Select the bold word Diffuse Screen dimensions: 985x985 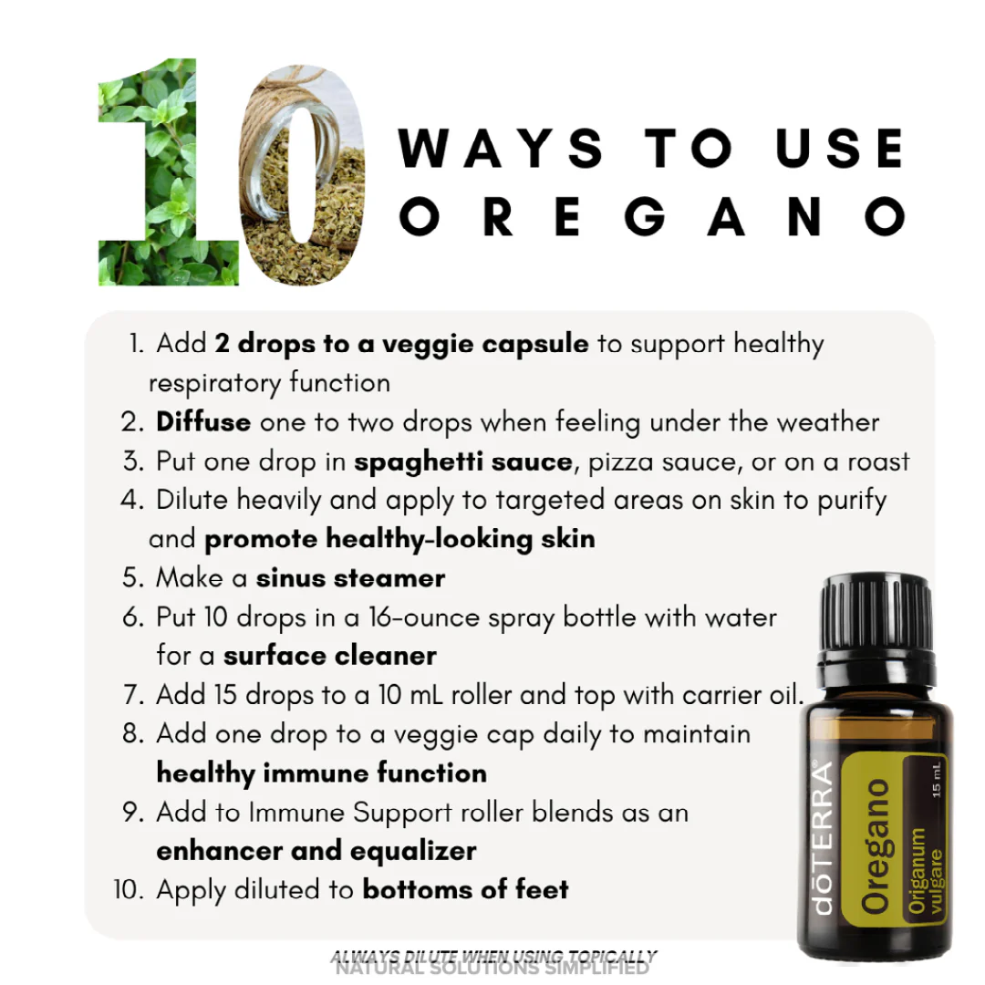pyautogui.click(x=203, y=422)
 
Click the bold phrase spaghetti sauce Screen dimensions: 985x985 pyautogui.click(x=463, y=461)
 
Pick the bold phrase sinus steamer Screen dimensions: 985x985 pyautogui.click(x=350, y=578)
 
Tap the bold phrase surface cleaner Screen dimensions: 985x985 pyautogui.click(x=330, y=656)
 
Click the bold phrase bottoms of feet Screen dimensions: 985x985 pyautogui.click(x=465, y=889)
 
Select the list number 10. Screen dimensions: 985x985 pyautogui.click(x=129, y=889)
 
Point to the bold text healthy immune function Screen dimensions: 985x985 pyautogui.click(x=321, y=773)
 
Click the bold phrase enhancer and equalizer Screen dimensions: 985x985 pyautogui.click(x=316, y=851)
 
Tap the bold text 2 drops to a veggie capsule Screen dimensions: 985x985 pyautogui.click(x=401, y=344)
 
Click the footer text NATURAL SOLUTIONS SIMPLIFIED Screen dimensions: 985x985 pyautogui.click(x=493, y=969)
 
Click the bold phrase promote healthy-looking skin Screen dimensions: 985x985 pyautogui.click(x=399, y=539)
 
